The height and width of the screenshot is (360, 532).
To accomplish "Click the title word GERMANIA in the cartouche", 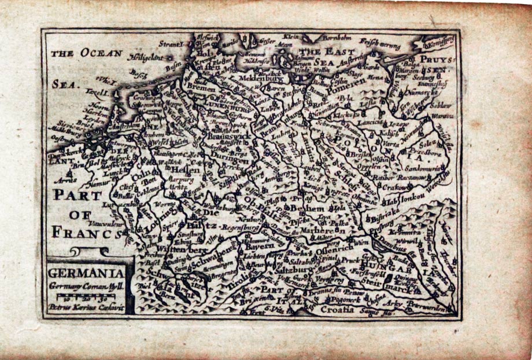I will point(86,273).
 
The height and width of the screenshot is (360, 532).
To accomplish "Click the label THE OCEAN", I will point(87,53).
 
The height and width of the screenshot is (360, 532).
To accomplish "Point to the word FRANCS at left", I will point(87,233).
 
